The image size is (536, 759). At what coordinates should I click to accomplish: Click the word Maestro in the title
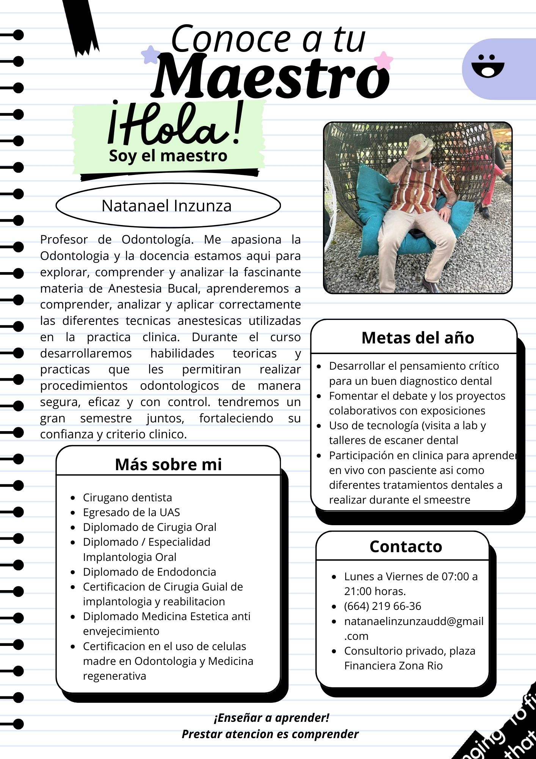click(271, 77)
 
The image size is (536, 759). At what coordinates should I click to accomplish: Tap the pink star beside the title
click(383, 60)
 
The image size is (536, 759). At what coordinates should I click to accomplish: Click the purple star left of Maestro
click(150, 55)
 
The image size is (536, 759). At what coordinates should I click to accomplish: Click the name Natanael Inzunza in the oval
click(166, 206)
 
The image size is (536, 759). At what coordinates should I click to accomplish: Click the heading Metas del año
click(418, 337)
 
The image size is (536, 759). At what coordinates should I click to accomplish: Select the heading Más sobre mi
click(168, 464)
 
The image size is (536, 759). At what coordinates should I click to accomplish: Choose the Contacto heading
click(406, 546)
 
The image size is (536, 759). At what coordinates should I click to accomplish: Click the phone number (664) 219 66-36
click(382, 606)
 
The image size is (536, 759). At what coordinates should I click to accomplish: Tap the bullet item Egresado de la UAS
click(131, 512)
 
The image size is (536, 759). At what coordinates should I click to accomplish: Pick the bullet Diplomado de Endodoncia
click(149, 572)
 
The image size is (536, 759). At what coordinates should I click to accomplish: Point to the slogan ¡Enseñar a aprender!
click(271, 718)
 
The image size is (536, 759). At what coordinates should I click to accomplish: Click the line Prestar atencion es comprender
click(270, 734)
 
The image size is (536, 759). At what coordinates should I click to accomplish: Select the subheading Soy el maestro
click(168, 156)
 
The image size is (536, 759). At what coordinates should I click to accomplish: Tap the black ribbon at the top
click(81, 27)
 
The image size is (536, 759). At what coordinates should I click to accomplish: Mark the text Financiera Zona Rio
click(393, 666)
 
